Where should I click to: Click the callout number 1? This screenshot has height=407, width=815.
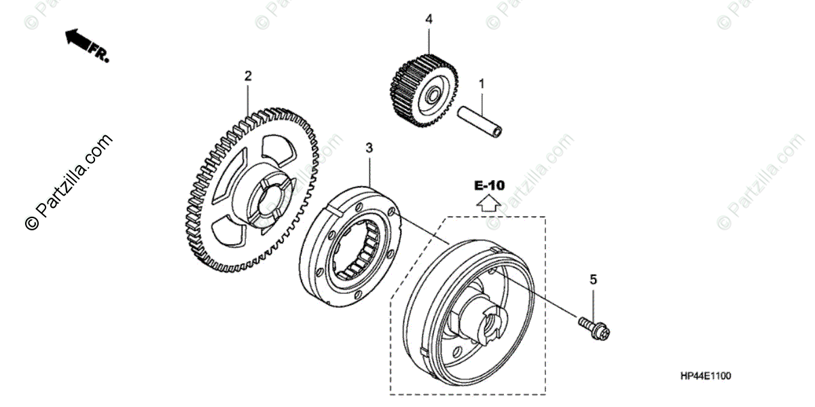coord(482,84)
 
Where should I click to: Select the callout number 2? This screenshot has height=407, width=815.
coord(248,75)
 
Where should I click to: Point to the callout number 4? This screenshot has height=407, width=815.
coord(429,20)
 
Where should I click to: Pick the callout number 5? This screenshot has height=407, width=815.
coord(592,279)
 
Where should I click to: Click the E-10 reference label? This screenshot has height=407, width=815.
coord(489,185)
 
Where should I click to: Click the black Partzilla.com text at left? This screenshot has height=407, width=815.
coord(68,183)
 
